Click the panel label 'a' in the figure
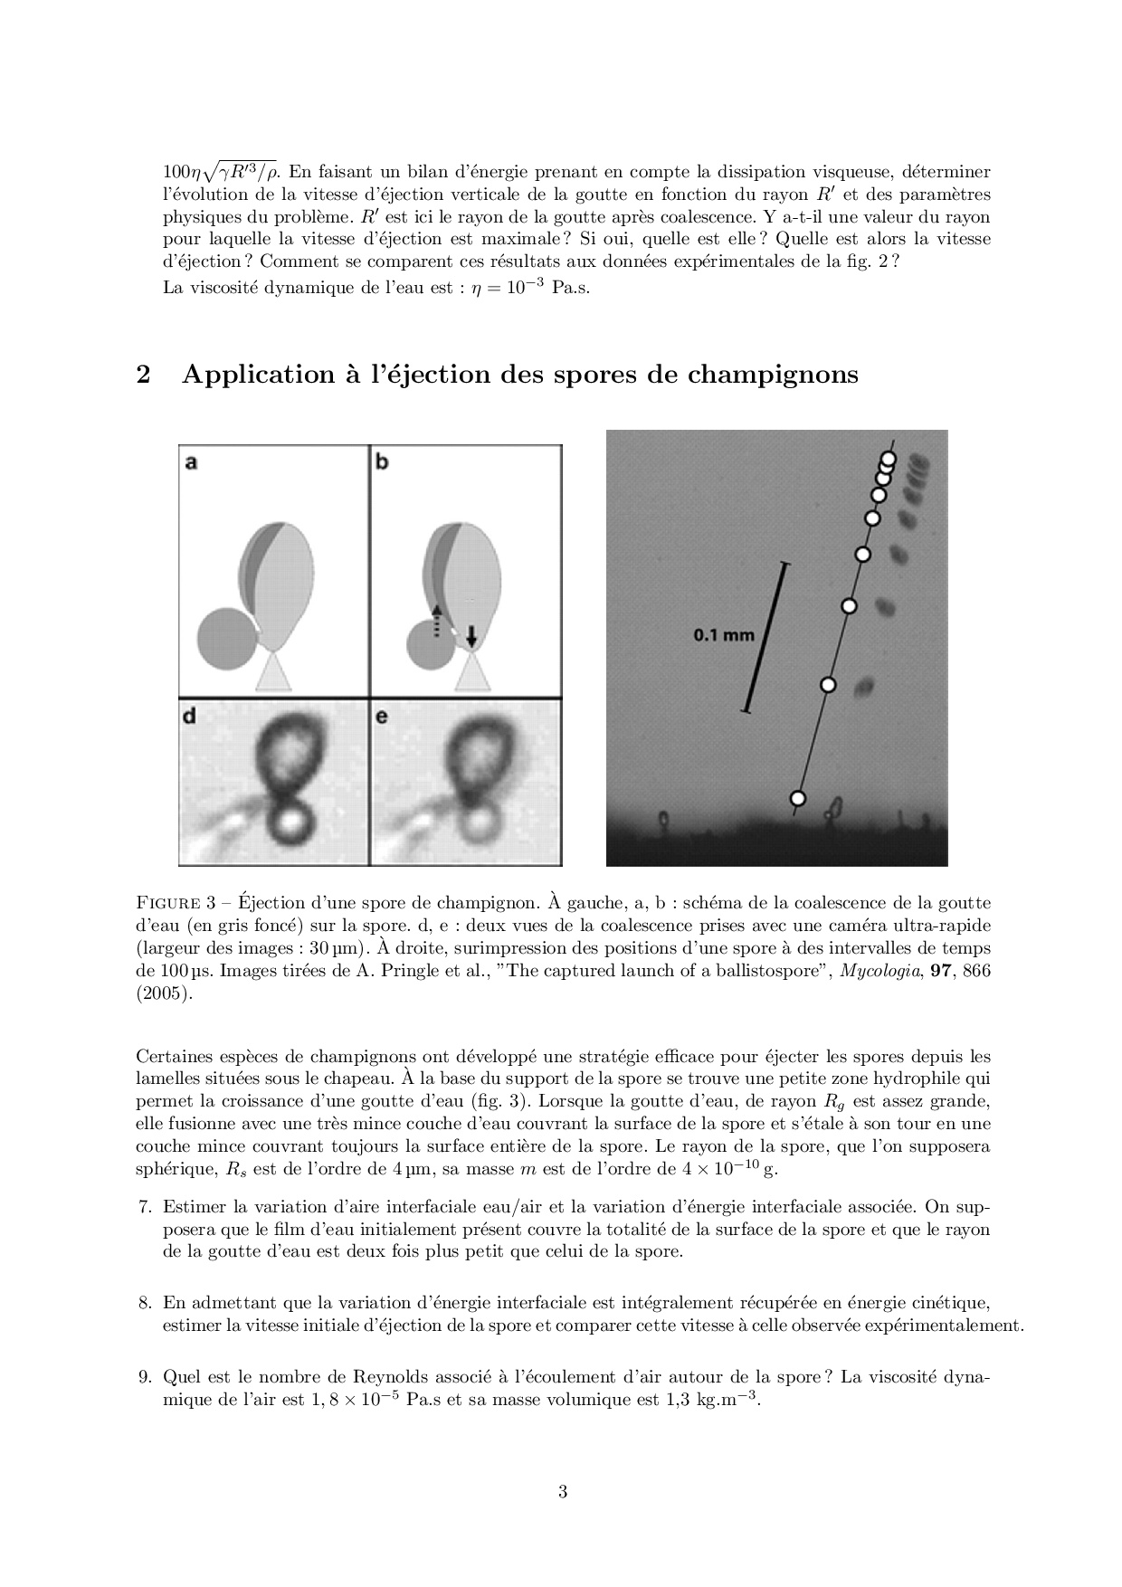[x=191, y=462]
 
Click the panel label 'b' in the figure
[x=382, y=462]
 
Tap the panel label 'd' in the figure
[x=190, y=716]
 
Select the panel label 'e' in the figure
[x=382, y=716]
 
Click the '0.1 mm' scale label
[x=723, y=635]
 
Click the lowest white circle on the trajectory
[x=797, y=798]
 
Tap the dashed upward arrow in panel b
[x=435, y=622]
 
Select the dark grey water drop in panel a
[x=226, y=640]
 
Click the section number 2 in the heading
[x=143, y=375]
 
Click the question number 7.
[x=144, y=1207]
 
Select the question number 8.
[x=144, y=1303]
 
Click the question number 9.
[x=144, y=1377]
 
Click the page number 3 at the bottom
[x=562, y=1492]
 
